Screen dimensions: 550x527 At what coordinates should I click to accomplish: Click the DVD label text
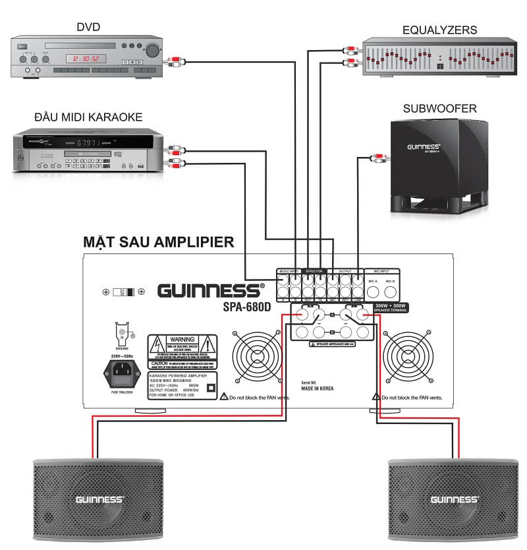88,27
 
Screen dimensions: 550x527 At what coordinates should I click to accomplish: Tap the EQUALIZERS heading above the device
439,30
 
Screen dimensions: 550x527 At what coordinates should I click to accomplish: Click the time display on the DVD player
88,58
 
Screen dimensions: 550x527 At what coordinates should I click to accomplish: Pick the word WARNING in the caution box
181,338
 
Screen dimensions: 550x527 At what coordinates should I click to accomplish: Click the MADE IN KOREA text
317,388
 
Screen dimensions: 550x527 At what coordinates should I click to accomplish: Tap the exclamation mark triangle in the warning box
208,344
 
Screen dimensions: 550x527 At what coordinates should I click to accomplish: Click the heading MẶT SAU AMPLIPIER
159,242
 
